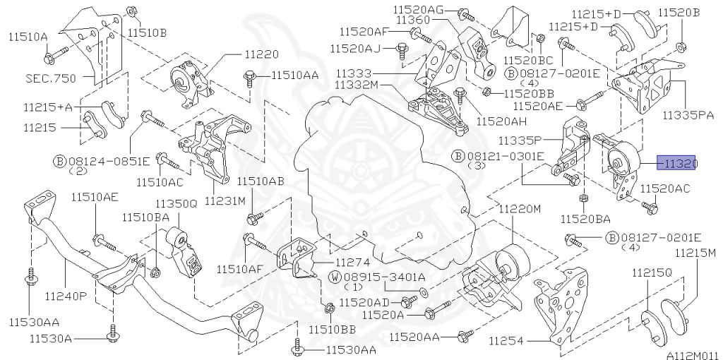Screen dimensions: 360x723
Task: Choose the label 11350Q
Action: tap(173, 205)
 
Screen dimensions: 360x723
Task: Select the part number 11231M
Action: tap(225, 201)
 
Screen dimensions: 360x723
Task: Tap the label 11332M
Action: tap(357, 85)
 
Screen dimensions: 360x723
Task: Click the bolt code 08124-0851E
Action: tap(108, 160)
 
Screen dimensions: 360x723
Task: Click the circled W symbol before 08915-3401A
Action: tap(334, 277)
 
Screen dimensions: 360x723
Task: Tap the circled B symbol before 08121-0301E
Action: tap(458, 156)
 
